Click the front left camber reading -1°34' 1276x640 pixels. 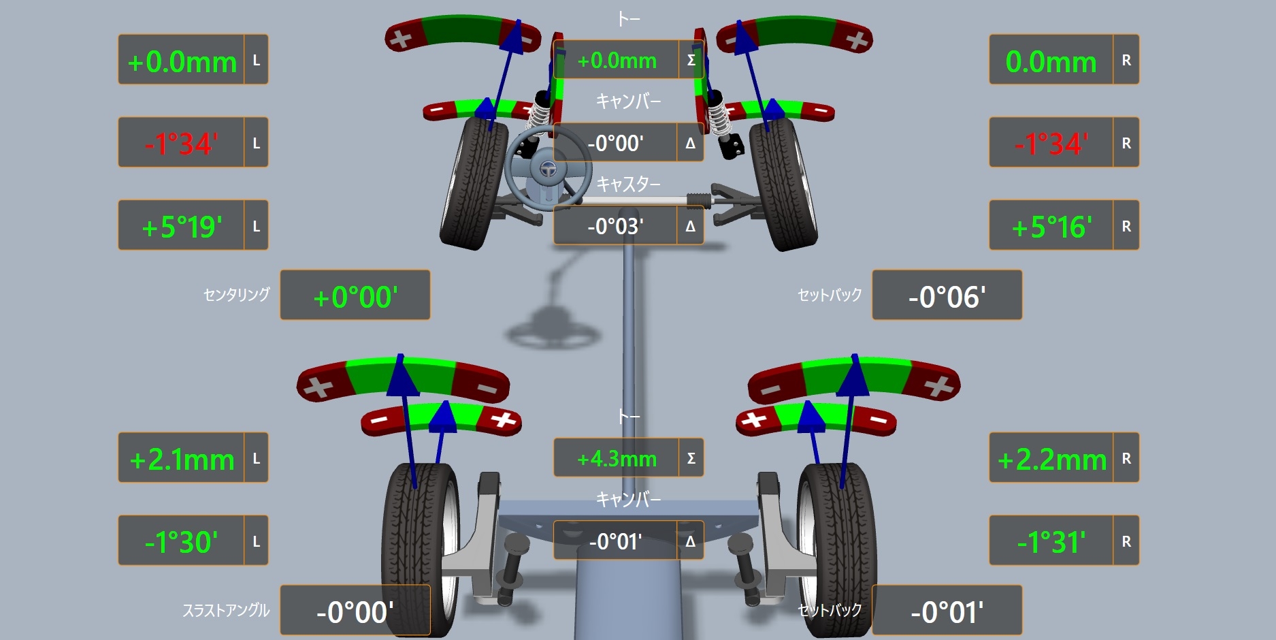[181, 144]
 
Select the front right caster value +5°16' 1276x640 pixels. [1051, 227]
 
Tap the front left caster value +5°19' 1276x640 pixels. [182, 227]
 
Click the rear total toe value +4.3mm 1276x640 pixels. [617, 459]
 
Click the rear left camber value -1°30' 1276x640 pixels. [181, 542]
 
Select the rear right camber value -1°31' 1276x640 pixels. [1051, 542]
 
